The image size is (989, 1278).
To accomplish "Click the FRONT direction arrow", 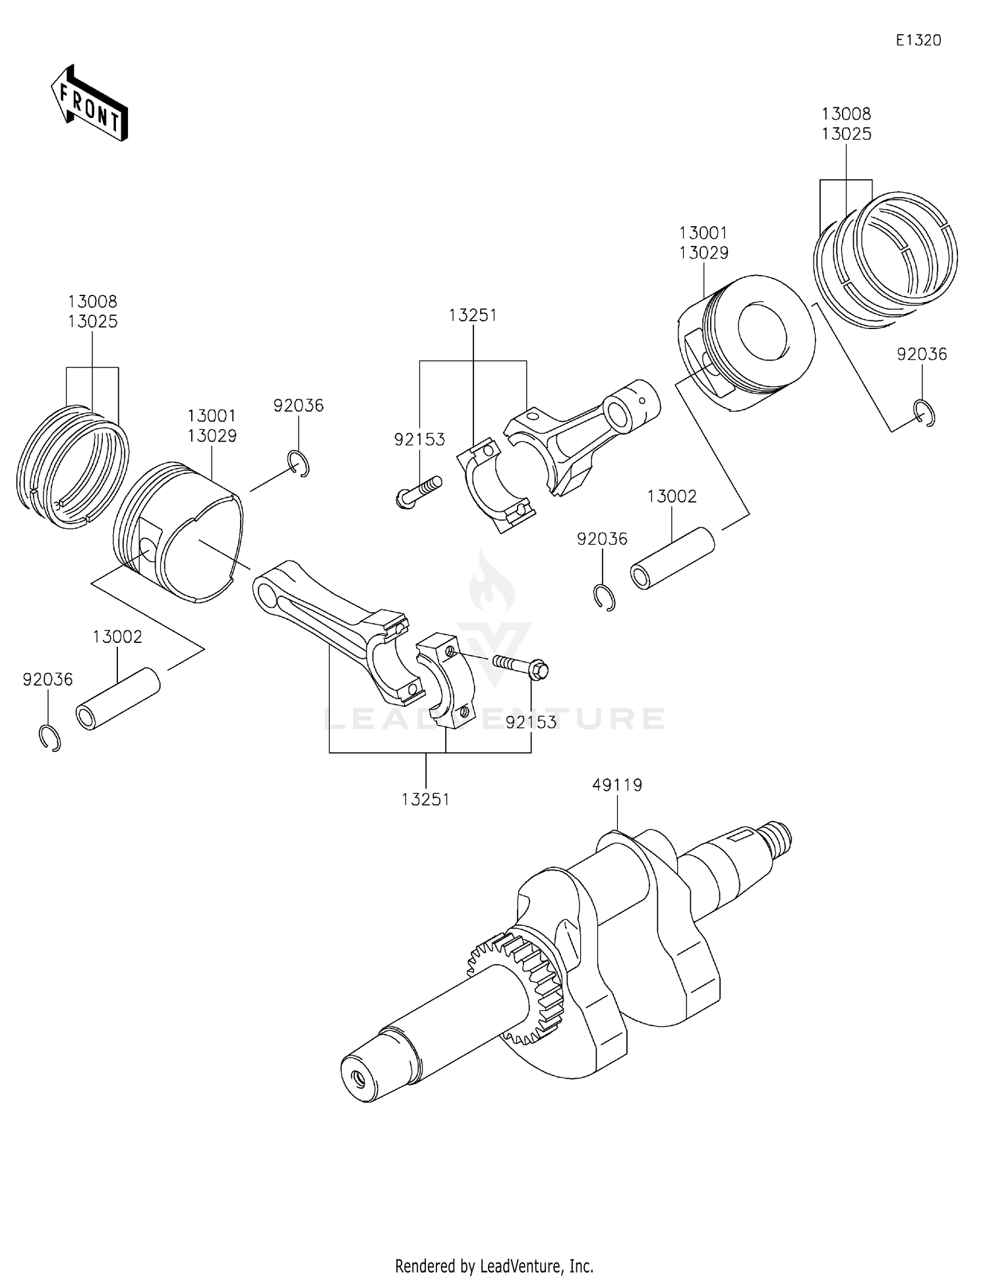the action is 89,104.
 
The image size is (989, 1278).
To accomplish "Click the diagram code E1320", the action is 918,40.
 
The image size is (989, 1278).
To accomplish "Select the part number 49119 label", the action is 616,785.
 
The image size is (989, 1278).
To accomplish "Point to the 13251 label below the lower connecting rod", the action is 425,799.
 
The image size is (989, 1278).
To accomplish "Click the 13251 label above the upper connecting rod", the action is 473,315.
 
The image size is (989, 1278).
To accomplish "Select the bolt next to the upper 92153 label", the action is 418,491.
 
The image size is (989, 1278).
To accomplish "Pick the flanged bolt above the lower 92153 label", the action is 521,666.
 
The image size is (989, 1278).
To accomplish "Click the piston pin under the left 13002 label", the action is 119,699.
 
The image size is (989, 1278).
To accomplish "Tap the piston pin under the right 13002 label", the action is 673,559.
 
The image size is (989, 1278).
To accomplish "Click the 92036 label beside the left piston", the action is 299,406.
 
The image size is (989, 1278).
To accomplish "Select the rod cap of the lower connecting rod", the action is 445,679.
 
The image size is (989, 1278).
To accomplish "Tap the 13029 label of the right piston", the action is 704,253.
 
